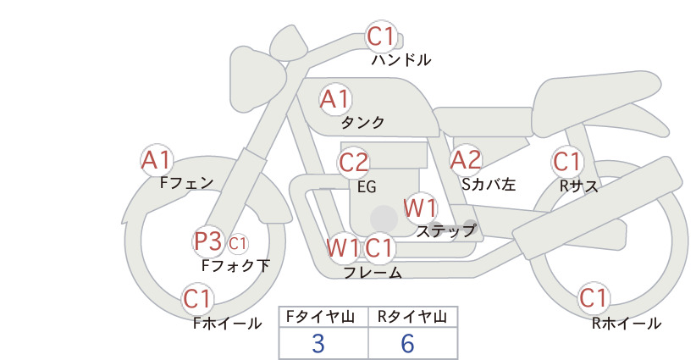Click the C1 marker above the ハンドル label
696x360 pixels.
[x=381, y=36]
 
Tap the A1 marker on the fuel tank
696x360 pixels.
[x=335, y=99]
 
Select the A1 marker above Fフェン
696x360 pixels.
[x=156, y=160]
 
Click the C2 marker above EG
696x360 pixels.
[x=353, y=163]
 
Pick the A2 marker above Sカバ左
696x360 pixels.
[x=466, y=160]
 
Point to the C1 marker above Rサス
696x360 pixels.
[x=566, y=162]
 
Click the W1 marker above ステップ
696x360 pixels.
[x=420, y=208]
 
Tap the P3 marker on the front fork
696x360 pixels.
[x=207, y=241]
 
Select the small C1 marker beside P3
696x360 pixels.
[x=237, y=243]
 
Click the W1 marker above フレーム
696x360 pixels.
[x=342, y=247]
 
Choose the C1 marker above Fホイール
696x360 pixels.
[x=196, y=299]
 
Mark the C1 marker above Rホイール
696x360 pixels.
[x=593, y=298]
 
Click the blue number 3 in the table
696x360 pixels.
[x=318, y=344]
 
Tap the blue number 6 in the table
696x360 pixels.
[x=407, y=344]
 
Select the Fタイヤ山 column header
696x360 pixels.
[x=320, y=317]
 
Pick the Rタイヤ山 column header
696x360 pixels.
[x=412, y=317]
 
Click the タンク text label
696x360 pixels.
[x=362, y=123]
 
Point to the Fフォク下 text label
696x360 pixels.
[x=235, y=265]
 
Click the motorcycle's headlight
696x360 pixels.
[x=257, y=79]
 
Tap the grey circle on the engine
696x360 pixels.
[x=384, y=219]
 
